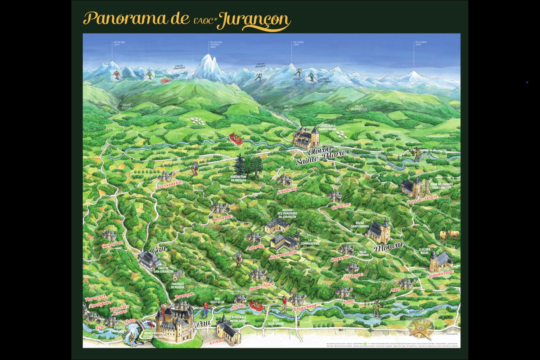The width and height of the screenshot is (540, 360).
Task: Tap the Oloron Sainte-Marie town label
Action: click(321, 156)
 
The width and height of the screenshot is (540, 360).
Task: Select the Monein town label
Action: click(388, 247)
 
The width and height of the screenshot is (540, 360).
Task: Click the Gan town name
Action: click(159, 249)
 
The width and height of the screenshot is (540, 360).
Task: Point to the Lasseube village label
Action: click(223, 218)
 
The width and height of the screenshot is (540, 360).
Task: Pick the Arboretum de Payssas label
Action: click(238, 179)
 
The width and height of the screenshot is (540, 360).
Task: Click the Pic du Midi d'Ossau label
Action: click(216, 44)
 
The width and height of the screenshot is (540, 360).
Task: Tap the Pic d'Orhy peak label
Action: click(421, 43)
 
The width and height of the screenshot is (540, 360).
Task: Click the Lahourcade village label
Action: click(441, 274)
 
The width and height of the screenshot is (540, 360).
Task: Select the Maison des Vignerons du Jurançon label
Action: click(287, 213)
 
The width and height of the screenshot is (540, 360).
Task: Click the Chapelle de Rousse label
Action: click(177, 285)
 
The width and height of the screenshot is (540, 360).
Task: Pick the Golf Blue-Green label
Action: click(276, 322)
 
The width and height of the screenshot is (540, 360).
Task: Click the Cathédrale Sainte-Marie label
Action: click(327, 127)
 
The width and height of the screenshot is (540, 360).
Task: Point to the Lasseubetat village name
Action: click(170, 185)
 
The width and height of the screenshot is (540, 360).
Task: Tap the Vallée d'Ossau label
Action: click(126, 107)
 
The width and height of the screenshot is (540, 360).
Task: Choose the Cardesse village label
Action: click(341, 206)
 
